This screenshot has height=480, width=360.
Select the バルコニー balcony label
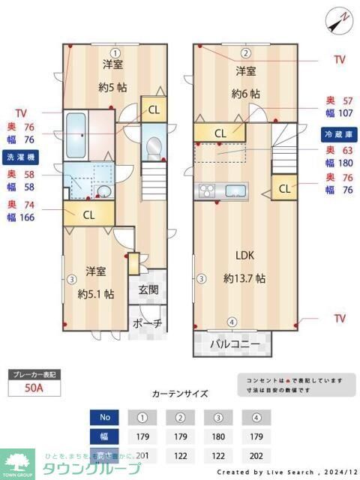tap(234, 344)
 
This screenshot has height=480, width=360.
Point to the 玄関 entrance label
tap(148, 290)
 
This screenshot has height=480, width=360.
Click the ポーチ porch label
tap(147, 324)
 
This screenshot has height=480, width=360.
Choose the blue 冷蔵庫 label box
tap(338, 134)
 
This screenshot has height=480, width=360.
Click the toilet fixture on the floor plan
tap(154, 147)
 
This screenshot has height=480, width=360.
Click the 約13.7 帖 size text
tap(244, 278)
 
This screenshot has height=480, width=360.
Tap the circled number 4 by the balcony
tap(232, 322)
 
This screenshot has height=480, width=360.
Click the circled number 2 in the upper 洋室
tap(245, 52)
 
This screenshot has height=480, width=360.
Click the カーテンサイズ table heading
tap(180, 393)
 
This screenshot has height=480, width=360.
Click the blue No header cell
tap(104, 416)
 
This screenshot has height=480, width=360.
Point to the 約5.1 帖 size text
tap(96, 294)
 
